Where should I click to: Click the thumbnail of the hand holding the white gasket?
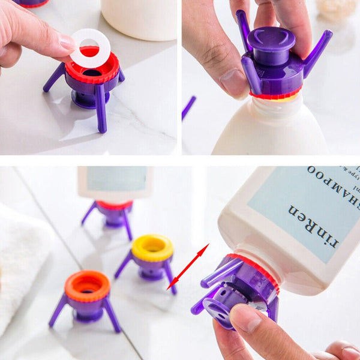click(67, 42)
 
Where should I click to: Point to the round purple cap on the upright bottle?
click(271, 39)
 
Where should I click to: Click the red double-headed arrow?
click(188, 266)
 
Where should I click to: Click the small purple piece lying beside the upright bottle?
click(188, 107)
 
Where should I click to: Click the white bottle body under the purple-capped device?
click(270, 129)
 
